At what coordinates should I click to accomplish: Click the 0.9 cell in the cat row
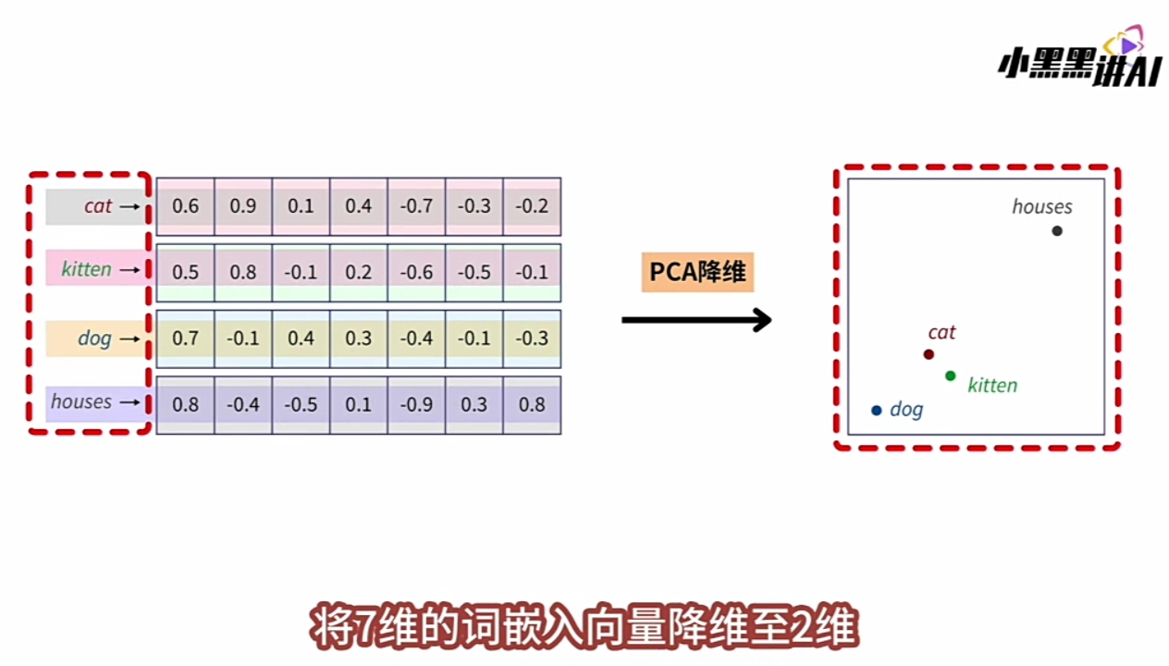pos(243,206)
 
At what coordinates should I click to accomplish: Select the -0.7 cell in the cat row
pos(416,206)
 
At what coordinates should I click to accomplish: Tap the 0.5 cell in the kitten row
pos(185,272)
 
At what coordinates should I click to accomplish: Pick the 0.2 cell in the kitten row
pos(359,272)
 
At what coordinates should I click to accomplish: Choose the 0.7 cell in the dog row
pos(185,339)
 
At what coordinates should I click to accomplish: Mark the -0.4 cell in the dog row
pos(416,339)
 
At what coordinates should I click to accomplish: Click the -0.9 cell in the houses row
pos(416,404)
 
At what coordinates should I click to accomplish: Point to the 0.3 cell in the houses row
pos(474,404)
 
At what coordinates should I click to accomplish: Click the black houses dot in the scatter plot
pos(1057,230)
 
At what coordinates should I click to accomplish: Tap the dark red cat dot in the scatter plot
pos(929,354)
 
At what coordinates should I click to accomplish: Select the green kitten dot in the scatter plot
pos(951,376)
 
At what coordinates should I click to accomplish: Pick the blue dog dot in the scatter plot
pos(877,410)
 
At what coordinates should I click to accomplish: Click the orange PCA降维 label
pos(697,273)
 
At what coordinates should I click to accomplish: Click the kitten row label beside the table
pos(87,269)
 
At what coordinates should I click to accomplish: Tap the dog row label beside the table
pos(94,339)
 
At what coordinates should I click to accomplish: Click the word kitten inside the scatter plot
pos(992,386)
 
